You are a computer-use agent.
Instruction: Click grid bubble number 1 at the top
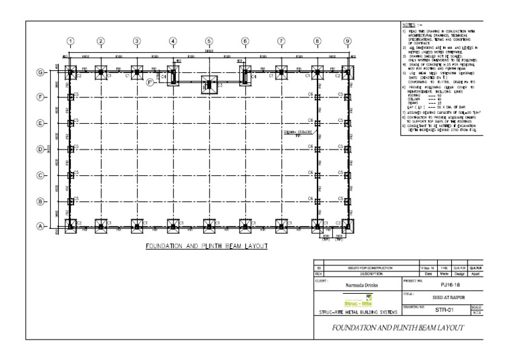71,40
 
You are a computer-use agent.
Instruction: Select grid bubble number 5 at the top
209,40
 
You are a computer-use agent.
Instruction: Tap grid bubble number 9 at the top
347,40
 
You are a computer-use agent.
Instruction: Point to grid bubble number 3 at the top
136,40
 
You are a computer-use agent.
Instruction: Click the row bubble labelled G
40,72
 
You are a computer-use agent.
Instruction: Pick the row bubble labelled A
40,226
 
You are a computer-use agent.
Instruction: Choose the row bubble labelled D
40,149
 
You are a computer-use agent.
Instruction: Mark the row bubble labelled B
40,201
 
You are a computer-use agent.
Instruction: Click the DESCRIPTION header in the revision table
358,272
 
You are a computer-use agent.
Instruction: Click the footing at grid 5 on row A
209,226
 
